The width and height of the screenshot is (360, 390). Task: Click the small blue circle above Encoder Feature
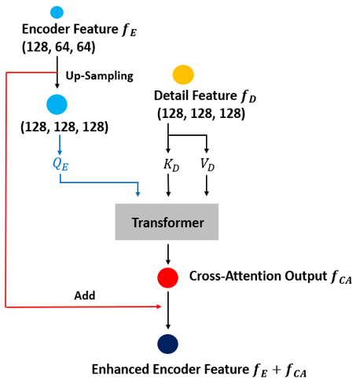[x=57, y=12]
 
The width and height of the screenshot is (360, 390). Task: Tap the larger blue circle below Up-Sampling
[x=57, y=104]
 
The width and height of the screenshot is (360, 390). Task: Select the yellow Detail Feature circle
[x=182, y=75]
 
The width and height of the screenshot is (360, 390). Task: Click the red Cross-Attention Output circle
[x=167, y=277]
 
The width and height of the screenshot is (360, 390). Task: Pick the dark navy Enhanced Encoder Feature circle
[x=167, y=344]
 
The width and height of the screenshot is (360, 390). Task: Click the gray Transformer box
[x=167, y=223]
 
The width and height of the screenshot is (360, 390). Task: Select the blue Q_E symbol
[x=57, y=166]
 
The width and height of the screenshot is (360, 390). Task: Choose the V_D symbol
[x=207, y=166]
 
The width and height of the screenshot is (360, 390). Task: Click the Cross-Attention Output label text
[x=263, y=277]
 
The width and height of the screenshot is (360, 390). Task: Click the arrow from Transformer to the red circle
[x=167, y=253]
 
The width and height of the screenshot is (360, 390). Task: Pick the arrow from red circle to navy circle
[x=167, y=315]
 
